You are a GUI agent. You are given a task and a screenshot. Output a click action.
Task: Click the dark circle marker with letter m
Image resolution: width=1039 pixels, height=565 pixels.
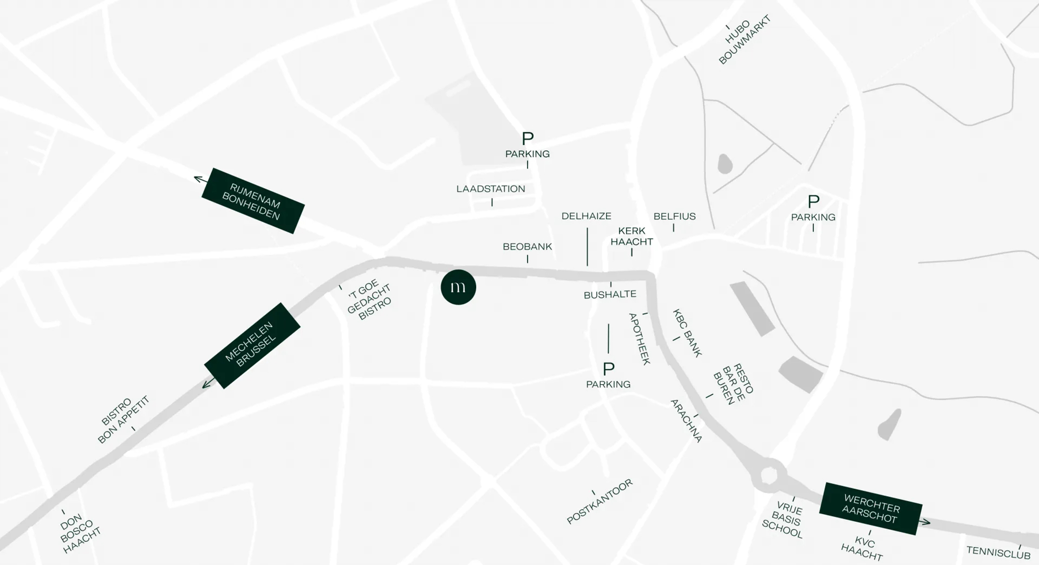click(458, 287)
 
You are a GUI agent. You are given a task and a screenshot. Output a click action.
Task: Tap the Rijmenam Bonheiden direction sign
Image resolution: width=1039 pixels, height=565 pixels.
click(253, 201)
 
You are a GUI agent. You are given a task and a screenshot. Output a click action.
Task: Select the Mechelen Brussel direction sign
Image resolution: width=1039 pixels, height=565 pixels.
click(252, 346)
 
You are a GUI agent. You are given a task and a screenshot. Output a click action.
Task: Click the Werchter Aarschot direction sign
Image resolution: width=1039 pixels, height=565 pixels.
click(870, 508)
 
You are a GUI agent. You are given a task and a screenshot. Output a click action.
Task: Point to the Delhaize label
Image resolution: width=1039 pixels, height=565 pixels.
click(586, 216)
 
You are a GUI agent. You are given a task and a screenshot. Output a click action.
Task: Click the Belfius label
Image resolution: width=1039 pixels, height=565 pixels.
click(674, 217)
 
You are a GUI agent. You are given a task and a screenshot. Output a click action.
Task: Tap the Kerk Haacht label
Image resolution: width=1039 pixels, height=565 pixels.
click(632, 236)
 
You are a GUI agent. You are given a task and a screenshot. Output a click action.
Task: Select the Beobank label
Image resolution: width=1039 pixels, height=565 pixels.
click(527, 247)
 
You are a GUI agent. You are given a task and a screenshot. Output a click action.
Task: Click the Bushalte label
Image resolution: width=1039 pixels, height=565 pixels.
click(610, 295)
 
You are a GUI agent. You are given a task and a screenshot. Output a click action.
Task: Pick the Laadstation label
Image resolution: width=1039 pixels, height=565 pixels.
click(490, 189)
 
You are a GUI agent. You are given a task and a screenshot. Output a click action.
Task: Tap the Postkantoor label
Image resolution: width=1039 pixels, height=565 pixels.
click(600, 502)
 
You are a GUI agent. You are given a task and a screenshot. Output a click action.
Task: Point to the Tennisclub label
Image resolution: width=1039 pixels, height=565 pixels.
click(998, 552)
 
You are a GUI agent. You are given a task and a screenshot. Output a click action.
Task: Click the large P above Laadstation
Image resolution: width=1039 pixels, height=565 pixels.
click(528, 138)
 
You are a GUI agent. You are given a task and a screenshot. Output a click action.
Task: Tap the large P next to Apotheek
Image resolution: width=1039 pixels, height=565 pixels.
click(609, 369)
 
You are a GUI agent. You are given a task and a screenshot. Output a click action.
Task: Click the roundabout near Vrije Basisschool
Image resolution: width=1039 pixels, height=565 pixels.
click(769, 475)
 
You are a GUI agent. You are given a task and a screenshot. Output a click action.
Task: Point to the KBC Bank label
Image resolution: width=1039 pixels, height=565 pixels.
click(687, 333)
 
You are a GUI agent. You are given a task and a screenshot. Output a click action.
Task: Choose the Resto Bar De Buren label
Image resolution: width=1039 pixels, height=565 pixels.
click(733, 383)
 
